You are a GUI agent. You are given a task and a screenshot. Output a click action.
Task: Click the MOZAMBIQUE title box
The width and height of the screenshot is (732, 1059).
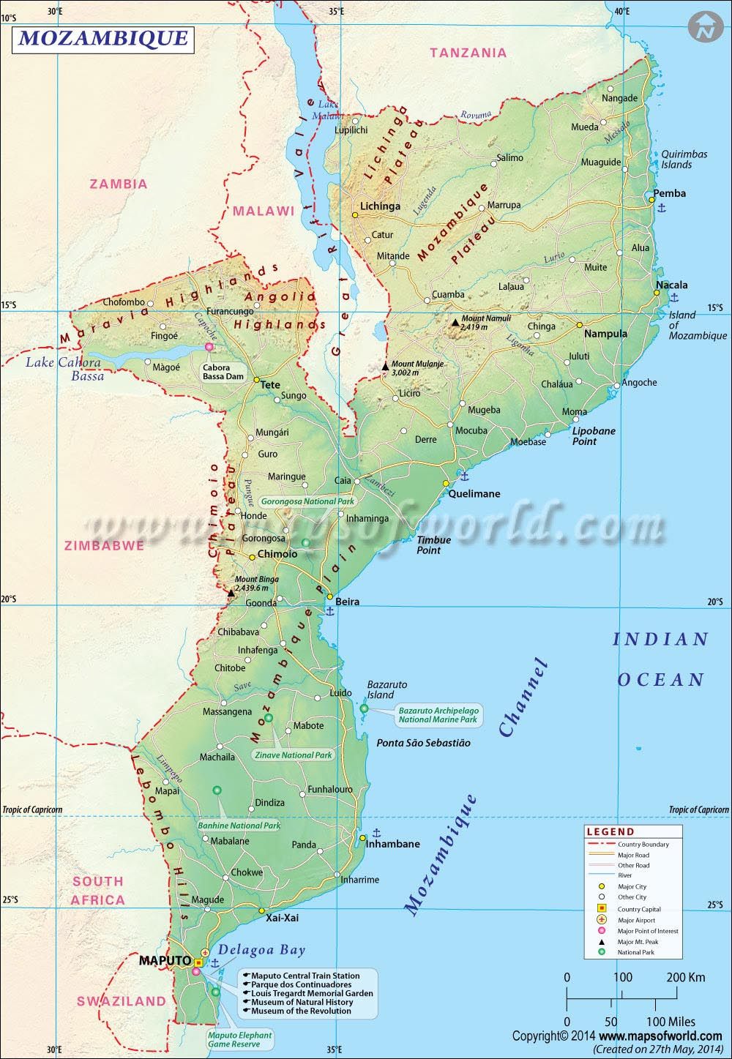pos(102,38)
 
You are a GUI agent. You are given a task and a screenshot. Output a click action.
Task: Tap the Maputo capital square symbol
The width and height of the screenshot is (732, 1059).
pos(198,962)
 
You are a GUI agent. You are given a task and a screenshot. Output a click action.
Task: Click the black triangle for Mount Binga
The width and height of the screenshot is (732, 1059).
pos(231,593)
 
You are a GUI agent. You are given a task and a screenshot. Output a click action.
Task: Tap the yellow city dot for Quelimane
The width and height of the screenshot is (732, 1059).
pos(445,483)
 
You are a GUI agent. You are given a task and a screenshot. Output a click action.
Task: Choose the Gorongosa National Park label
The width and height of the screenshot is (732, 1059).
pos(307,501)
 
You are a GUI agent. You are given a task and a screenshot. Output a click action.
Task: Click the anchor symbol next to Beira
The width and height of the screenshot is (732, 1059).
pos(329,611)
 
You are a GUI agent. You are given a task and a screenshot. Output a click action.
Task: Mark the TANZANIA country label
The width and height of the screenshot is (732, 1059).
pos(468,53)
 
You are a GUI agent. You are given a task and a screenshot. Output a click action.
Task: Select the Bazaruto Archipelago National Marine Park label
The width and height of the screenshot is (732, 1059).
pos(438,714)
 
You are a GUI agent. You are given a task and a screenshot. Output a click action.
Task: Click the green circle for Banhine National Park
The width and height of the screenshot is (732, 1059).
pos(217,790)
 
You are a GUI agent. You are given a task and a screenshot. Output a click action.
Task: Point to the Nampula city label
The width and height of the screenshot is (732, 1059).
pos(605,334)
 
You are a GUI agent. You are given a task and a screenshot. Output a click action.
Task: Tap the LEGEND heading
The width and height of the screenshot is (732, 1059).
pos(610,831)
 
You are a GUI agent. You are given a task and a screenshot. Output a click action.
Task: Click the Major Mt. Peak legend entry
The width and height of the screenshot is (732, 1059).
pos(638,942)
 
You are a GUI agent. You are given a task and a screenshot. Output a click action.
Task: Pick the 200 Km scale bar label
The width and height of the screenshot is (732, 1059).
pos(686,977)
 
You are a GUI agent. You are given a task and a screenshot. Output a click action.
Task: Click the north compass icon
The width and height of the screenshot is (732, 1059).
pos(705,28)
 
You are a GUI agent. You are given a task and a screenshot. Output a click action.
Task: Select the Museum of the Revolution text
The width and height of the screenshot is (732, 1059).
pos(301,1011)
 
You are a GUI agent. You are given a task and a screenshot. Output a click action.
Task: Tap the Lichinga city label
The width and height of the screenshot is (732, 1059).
pos(380,206)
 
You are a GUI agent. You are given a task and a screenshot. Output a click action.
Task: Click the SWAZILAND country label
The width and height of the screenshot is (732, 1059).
pos(122,1000)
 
